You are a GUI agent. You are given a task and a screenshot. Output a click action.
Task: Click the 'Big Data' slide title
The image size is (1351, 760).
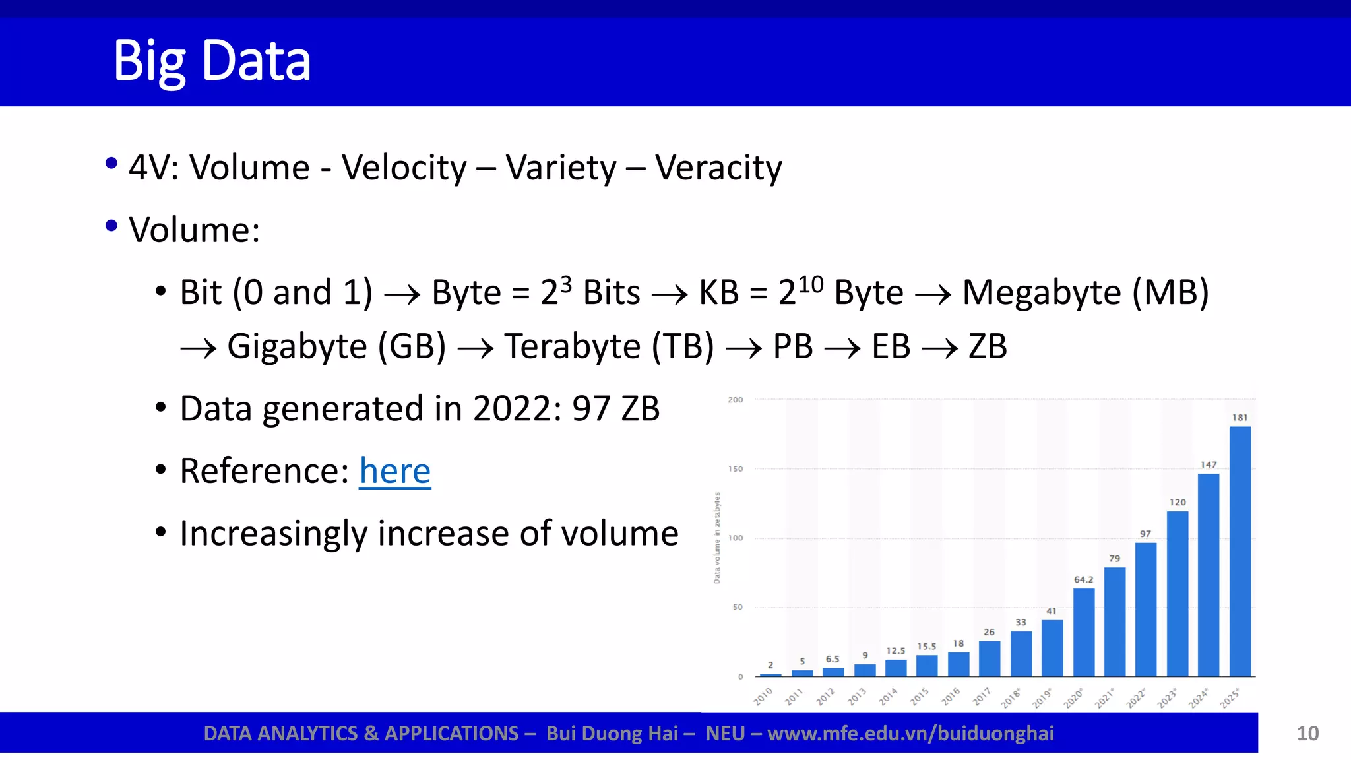pyautogui.click(x=212, y=61)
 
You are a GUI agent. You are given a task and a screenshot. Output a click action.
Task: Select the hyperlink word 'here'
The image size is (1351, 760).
pyautogui.click(x=394, y=471)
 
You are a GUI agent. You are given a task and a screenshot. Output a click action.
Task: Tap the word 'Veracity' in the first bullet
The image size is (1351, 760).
pyautogui.click(x=718, y=168)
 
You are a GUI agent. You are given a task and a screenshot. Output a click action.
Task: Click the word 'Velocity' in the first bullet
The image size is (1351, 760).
pyautogui.click(x=404, y=168)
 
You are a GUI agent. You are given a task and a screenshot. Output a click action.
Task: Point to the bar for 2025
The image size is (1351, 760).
pyautogui.click(x=1240, y=551)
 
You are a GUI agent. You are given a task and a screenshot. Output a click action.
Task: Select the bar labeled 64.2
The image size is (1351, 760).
pyautogui.click(x=1083, y=632)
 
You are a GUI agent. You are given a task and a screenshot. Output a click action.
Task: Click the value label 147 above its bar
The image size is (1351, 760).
pyautogui.click(x=1208, y=465)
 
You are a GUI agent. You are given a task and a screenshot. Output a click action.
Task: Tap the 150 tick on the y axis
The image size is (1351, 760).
pyautogui.click(x=735, y=469)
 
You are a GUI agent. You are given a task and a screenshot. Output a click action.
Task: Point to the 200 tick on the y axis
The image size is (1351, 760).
pyautogui.click(x=735, y=400)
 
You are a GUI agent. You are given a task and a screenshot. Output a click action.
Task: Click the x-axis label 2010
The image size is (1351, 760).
pyautogui.click(x=763, y=696)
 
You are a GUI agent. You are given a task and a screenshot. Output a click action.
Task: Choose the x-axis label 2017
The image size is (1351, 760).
pyautogui.click(x=982, y=696)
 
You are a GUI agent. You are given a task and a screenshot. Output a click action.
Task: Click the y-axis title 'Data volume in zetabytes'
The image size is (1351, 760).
pyautogui.click(x=717, y=538)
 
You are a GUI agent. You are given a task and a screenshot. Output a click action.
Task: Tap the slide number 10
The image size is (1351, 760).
pyautogui.click(x=1307, y=734)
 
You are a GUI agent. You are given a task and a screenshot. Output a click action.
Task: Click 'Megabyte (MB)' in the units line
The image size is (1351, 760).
pyautogui.click(x=1085, y=292)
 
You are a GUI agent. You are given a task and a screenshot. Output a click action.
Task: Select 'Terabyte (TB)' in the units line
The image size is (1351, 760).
pyautogui.click(x=609, y=346)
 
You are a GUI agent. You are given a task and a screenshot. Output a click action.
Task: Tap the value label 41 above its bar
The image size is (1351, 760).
pyautogui.click(x=1052, y=611)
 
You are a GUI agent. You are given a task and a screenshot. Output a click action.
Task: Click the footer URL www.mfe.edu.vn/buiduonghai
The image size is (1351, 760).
pyautogui.click(x=910, y=734)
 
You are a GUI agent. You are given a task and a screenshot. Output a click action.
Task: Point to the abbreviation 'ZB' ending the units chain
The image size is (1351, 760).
pyautogui.click(x=988, y=346)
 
